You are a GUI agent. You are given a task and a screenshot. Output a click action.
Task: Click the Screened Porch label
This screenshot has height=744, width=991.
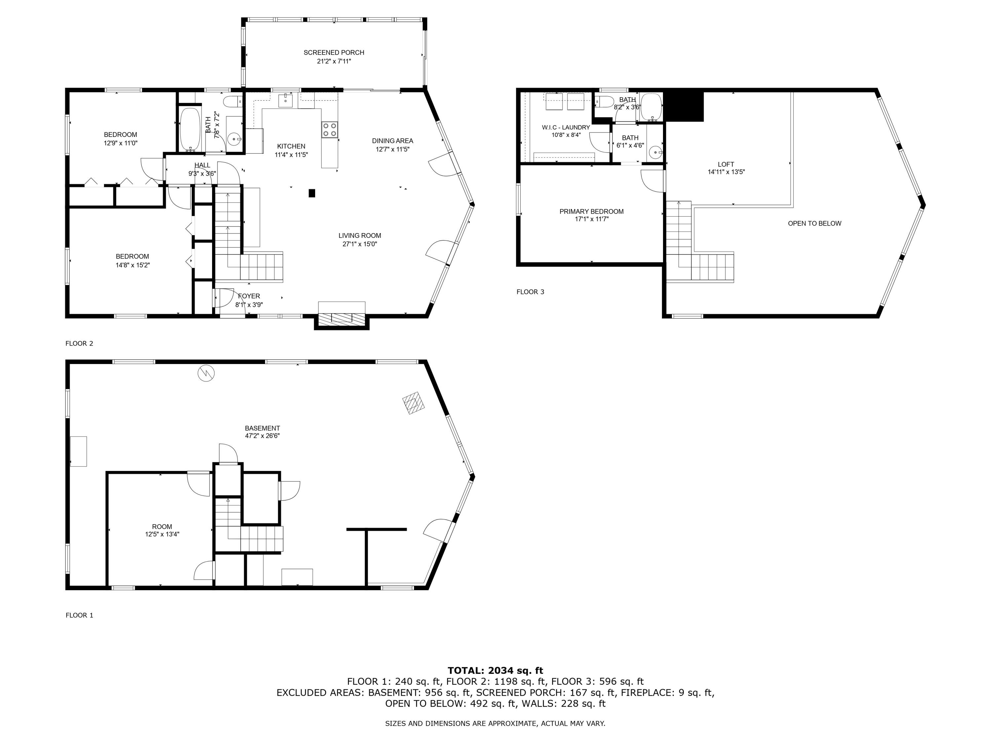tap(334, 53)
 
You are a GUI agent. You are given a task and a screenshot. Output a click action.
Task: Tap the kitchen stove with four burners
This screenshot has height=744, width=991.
tap(330, 130)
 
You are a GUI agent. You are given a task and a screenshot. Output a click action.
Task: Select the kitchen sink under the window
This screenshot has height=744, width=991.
tap(285, 101)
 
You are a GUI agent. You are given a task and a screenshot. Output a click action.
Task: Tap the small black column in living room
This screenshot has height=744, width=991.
tap(312, 193)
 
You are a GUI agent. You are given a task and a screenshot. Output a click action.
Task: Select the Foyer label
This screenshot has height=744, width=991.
tap(249, 296)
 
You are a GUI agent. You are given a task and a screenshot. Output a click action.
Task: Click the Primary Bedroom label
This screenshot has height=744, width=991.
tap(591, 211)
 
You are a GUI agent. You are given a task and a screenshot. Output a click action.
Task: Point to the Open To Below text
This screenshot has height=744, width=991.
tap(815, 223)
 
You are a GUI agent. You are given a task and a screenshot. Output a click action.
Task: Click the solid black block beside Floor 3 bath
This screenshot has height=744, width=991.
tap(684, 106)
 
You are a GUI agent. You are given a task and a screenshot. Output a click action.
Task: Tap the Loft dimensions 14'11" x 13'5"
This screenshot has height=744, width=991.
tap(726, 172)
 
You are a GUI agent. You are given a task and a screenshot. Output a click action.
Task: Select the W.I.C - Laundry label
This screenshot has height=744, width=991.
tap(566, 127)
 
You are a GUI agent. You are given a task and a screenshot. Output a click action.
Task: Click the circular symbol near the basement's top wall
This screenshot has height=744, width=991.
tap(206, 373)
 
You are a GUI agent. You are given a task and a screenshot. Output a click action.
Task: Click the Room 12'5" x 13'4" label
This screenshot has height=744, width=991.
tap(162, 530)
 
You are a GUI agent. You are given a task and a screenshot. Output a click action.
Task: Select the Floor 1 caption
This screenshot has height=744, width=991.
tap(79, 615)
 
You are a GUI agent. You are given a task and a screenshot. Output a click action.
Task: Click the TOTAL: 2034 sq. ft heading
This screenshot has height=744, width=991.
tap(495, 671)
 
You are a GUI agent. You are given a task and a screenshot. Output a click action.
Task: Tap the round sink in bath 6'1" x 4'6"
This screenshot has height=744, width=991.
tap(656, 152)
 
